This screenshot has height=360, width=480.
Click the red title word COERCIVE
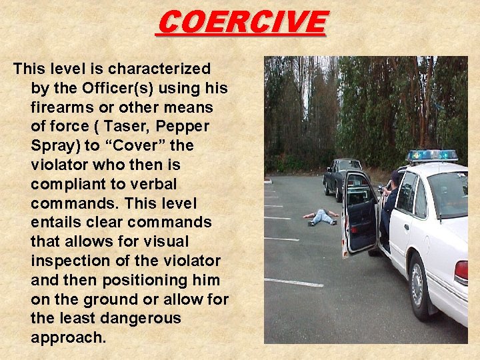point(241,22)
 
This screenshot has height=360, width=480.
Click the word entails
point(57,223)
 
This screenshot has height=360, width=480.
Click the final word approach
point(68,337)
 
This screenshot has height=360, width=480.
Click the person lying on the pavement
point(321,217)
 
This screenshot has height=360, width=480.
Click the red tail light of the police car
point(461,272)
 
